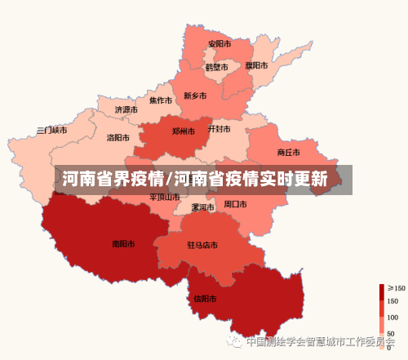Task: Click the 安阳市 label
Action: pyautogui.click(x=219, y=43)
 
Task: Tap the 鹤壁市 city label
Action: pyautogui.click(x=216, y=67)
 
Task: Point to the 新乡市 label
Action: pyautogui.click(x=195, y=96)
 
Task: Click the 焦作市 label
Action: pyautogui.click(x=160, y=100)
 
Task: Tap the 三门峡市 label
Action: pyautogui.click(x=51, y=130)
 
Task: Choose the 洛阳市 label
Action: pyautogui.click(x=118, y=138)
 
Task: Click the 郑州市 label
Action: pyautogui.click(x=184, y=131)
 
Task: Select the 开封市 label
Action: pyautogui.click(x=219, y=129)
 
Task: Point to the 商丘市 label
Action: pyautogui.click(x=288, y=152)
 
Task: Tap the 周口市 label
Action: pyautogui.click(x=235, y=203)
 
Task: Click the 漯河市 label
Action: pyautogui.click(x=202, y=207)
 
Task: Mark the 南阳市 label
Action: pyautogui.click(x=123, y=242)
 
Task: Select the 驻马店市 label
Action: pyautogui.click(x=202, y=244)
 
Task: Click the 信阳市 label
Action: pyautogui.click(x=205, y=298)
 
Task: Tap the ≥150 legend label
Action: pyautogui.click(x=397, y=288)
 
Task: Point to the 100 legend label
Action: pyautogui.click(x=392, y=317)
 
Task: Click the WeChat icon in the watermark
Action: pyautogui.click(x=235, y=340)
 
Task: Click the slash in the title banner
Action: pyautogui.click(x=169, y=179)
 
